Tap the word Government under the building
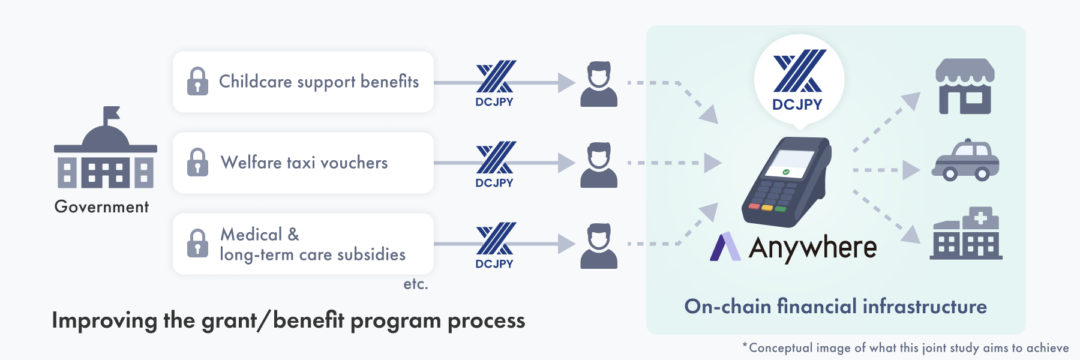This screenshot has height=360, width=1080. [x=101, y=207]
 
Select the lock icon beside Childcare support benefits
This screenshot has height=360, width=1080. [x=197, y=81]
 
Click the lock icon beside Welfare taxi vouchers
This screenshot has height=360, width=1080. [x=197, y=162]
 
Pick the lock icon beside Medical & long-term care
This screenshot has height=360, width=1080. [x=197, y=243]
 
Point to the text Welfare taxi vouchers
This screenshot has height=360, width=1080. [x=304, y=163]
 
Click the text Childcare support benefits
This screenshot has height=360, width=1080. [x=319, y=82]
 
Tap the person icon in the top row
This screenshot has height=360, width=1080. [x=599, y=84]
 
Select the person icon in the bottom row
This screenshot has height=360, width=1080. [x=599, y=246]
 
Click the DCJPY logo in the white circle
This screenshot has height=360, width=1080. [x=799, y=80]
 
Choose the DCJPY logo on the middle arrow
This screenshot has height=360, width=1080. [x=495, y=165]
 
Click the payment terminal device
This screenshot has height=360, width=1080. [x=787, y=182]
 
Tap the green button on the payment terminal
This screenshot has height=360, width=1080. [x=781, y=209]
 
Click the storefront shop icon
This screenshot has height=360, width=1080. [x=965, y=86]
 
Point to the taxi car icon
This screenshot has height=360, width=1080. [x=965, y=161]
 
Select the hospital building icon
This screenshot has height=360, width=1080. [x=966, y=233]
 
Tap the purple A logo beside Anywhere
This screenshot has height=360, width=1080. [x=725, y=247]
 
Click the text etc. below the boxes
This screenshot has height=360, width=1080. [x=416, y=284]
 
